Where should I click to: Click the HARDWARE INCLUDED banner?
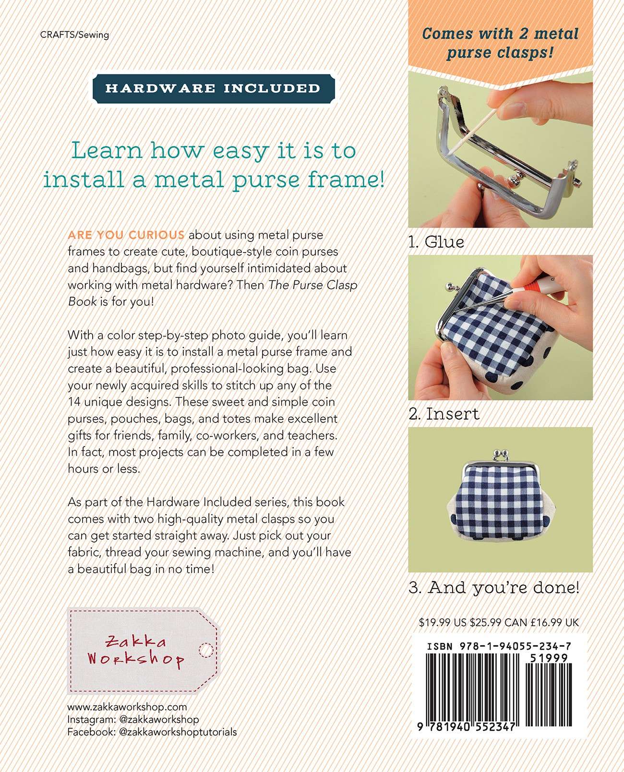click(213, 88)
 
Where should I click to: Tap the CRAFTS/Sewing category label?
click(75, 35)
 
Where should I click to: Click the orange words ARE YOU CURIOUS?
click(126, 235)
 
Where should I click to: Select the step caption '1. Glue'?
click(436, 242)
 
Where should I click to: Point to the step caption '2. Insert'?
click(444, 414)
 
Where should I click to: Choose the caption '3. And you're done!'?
click(493, 587)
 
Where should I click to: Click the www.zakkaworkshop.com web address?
click(127, 707)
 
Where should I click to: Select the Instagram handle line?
click(133, 720)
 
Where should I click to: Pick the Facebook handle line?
click(152, 732)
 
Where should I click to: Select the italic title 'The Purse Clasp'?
click(313, 285)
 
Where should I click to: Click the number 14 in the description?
click(74, 402)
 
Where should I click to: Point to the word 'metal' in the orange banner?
click(556, 34)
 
